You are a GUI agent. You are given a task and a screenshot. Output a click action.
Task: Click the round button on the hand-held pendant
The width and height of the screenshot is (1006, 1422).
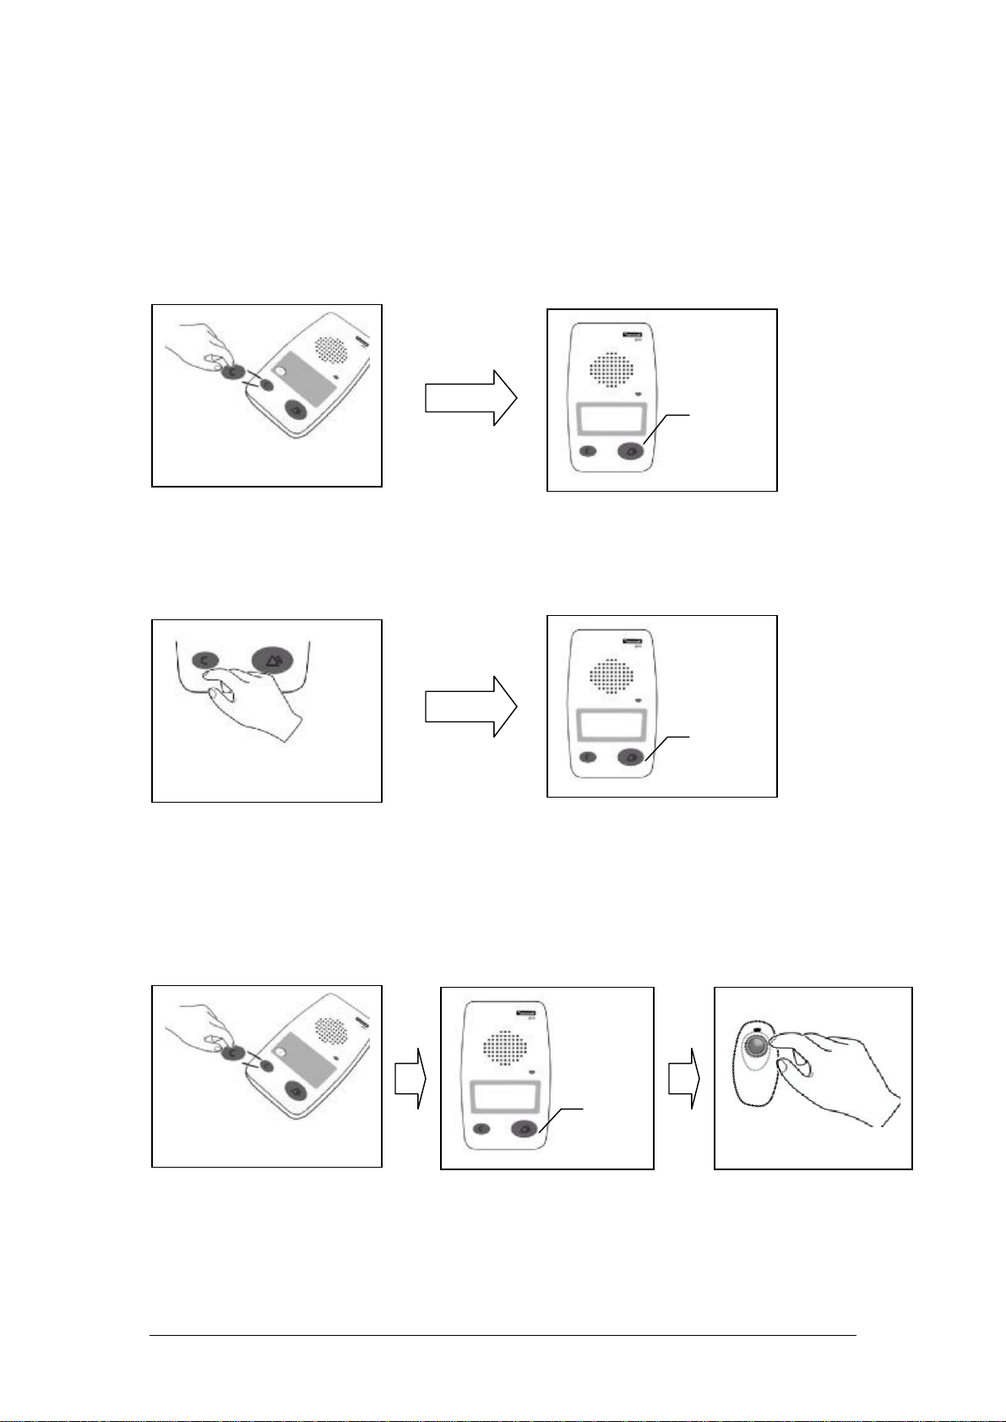758,1046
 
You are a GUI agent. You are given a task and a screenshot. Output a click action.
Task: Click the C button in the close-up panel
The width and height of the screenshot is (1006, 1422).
205,659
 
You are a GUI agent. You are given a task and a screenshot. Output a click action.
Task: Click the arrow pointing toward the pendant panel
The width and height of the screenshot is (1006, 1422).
682,1078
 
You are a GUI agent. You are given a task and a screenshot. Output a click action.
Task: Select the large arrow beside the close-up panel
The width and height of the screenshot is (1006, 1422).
470,706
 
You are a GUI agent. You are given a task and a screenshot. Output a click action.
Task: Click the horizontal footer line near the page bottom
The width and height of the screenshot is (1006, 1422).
503,1336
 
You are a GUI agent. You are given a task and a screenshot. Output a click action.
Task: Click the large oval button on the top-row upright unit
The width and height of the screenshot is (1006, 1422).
631,451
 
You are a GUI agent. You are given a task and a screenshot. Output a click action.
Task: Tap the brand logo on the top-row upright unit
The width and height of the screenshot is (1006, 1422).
631,335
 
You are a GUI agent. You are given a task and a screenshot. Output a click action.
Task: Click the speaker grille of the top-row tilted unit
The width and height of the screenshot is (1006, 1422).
331,349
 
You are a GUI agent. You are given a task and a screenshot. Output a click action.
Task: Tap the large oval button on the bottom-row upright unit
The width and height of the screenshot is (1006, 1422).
525,1127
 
